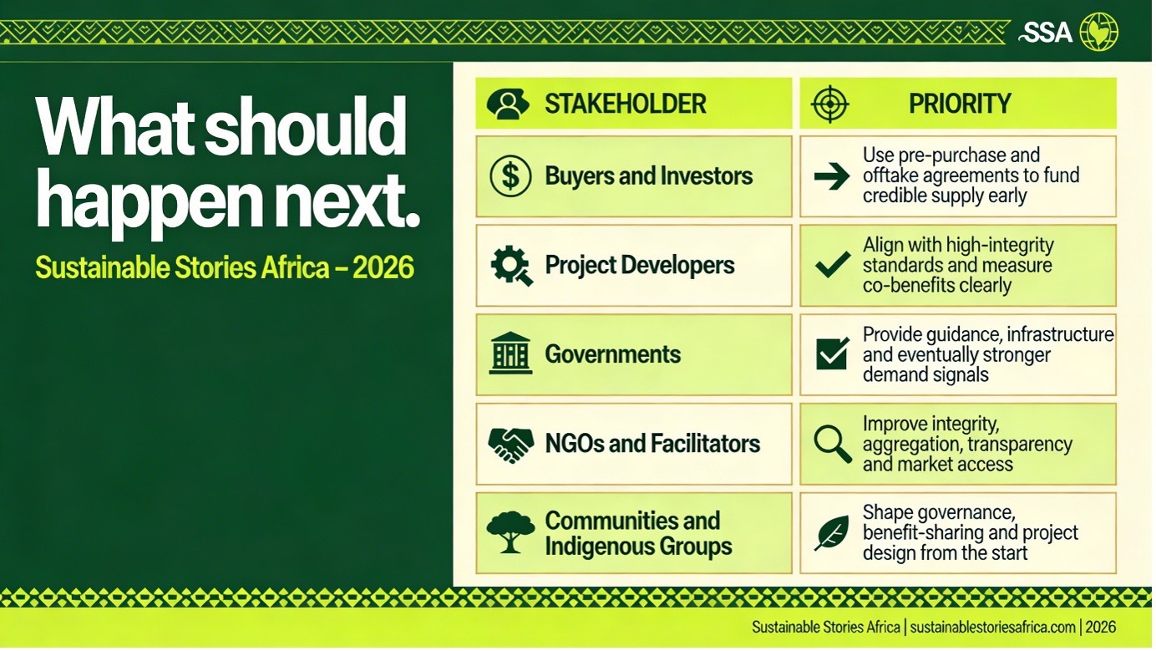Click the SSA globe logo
pos(1099,32)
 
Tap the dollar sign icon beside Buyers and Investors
pos(510,176)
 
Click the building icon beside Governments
pos(510,353)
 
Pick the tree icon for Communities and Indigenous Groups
pos(510,532)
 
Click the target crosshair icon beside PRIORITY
pos(830,104)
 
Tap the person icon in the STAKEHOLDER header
pos(508,104)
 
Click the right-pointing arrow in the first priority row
pos(832,176)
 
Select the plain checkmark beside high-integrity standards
pos(833,265)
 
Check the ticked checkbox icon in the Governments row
pos(833,353)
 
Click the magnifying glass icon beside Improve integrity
pos(833,444)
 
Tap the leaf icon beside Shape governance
pos(832,533)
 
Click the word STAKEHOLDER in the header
pos(626,104)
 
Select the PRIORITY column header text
pos(960,104)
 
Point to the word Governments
pos(612,354)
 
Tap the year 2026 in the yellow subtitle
pos(383,267)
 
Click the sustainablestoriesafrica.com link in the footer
pos(993,628)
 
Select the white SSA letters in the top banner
pos(1046,33)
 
